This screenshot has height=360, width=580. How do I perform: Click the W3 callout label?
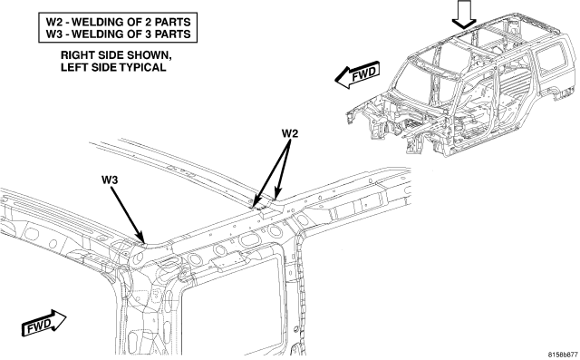click(110, 180)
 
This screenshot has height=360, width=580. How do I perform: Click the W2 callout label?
click(290, 133)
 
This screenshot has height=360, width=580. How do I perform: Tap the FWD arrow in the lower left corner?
click(44, 324)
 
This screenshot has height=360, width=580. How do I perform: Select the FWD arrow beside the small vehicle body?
click(357, 74)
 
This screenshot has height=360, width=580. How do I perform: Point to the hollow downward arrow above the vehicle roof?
click(465, 15)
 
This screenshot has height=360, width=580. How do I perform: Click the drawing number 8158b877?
click(563, 354)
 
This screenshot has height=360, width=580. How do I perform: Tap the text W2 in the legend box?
click(53, 22)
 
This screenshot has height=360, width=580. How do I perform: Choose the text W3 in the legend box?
click(53, 34)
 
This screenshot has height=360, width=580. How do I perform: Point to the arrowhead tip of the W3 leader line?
click(144, 243)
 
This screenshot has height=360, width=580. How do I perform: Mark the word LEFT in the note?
click(72, 67)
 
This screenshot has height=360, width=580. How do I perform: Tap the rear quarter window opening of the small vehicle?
click(552, 58)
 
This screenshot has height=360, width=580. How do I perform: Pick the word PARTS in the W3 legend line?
click(172, 34)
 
